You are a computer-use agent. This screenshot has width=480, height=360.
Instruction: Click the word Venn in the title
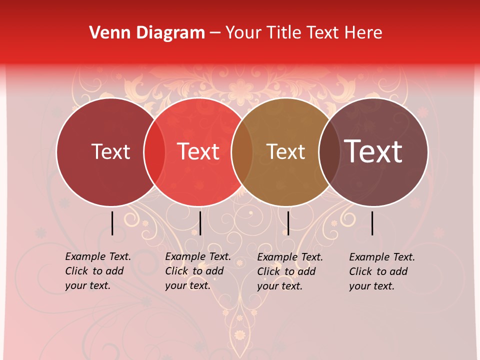pos(107,33)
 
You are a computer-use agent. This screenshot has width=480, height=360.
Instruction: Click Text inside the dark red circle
pos(110,152)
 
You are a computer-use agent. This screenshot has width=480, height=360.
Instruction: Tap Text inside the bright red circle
pos(198,152)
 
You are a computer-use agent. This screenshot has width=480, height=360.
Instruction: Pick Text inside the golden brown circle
pos(285,152)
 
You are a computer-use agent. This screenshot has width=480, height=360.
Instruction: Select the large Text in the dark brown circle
pos(373,151)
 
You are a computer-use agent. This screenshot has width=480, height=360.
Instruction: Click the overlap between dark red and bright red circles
pos(154,152)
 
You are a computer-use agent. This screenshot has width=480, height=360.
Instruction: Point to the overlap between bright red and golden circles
pos(242,152)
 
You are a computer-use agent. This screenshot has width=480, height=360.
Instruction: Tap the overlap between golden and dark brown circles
pos(329,152)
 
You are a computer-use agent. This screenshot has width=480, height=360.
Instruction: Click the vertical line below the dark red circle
pos(112,223)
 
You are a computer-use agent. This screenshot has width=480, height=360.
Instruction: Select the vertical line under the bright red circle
pos(200,223)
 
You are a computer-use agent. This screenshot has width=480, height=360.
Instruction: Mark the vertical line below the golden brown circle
pos(288,223)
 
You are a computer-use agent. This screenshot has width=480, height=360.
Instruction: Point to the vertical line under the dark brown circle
pos(372,223)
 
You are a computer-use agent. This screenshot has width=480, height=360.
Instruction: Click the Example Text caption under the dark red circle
pos(97,271)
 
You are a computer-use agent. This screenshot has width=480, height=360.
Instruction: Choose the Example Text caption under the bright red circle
pos(197,271)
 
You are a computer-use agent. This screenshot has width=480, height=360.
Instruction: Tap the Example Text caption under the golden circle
pos(289,271)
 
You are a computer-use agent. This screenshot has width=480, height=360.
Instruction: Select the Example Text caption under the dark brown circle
pos(381,271)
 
